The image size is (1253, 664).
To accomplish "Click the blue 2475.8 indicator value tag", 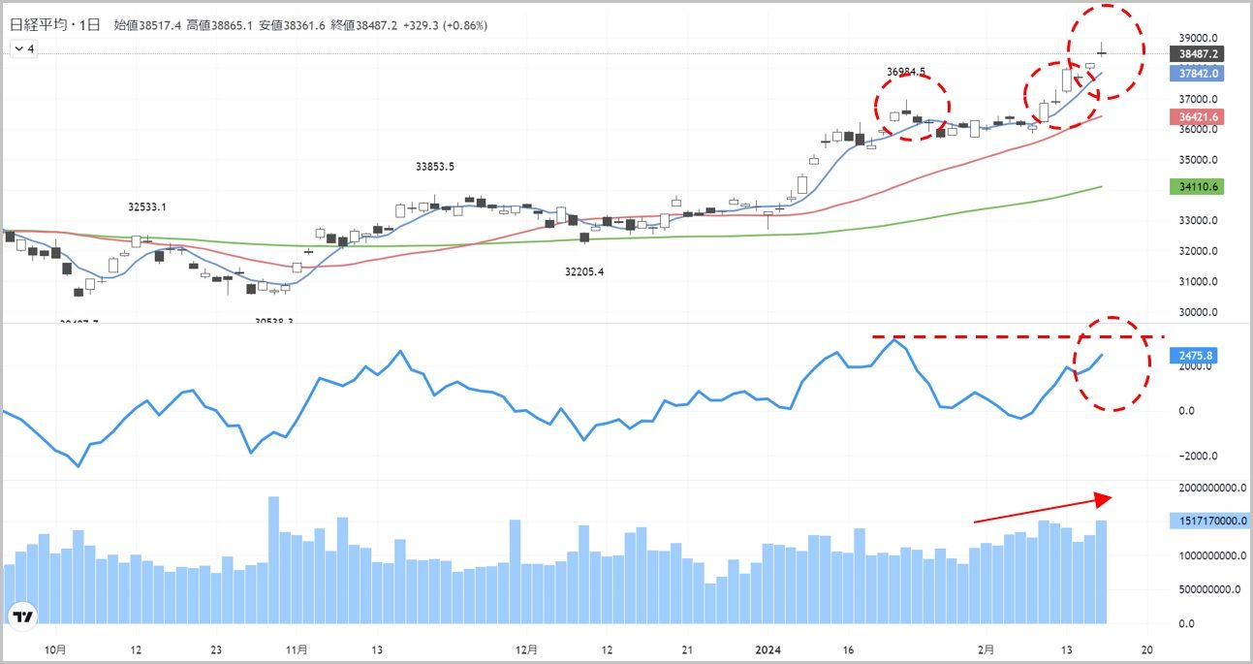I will [1193, 356].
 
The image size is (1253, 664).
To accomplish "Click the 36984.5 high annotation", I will [906, 72].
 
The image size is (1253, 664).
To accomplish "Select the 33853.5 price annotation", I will [435, 167].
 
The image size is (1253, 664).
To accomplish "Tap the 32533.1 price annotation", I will [147, 206].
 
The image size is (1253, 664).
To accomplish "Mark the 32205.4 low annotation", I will [584, 272].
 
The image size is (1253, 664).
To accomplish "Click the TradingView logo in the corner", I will [23, 616].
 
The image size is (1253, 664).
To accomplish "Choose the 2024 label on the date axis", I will [768, 649].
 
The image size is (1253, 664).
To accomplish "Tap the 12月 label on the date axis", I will [526, 649].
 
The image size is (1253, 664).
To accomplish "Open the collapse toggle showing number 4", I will [23, 48].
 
